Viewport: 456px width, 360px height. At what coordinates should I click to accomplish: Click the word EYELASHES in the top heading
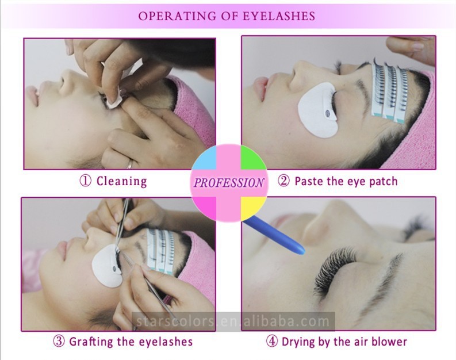pos(279,16)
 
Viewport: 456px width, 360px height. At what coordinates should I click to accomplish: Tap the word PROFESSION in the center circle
pos(229,183)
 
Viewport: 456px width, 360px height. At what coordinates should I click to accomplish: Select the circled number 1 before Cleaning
pos(85,181)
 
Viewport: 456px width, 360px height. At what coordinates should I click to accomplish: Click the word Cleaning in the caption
pos(121,181)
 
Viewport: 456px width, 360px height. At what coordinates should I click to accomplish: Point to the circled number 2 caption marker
pos(283,181)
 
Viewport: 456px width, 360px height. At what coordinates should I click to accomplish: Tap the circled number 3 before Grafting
pos(59,341)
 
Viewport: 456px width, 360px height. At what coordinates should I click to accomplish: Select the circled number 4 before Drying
pos(272,341)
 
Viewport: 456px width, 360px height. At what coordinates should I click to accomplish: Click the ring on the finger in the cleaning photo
pos(129,164)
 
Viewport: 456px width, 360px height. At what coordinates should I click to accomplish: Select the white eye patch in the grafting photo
pos(107,265)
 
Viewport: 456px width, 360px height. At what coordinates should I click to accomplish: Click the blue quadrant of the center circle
pos(205,159)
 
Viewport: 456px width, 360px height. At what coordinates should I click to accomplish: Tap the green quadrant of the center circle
pos(252,159)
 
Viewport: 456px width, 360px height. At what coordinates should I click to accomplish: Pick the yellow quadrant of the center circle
pos(252,208)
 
